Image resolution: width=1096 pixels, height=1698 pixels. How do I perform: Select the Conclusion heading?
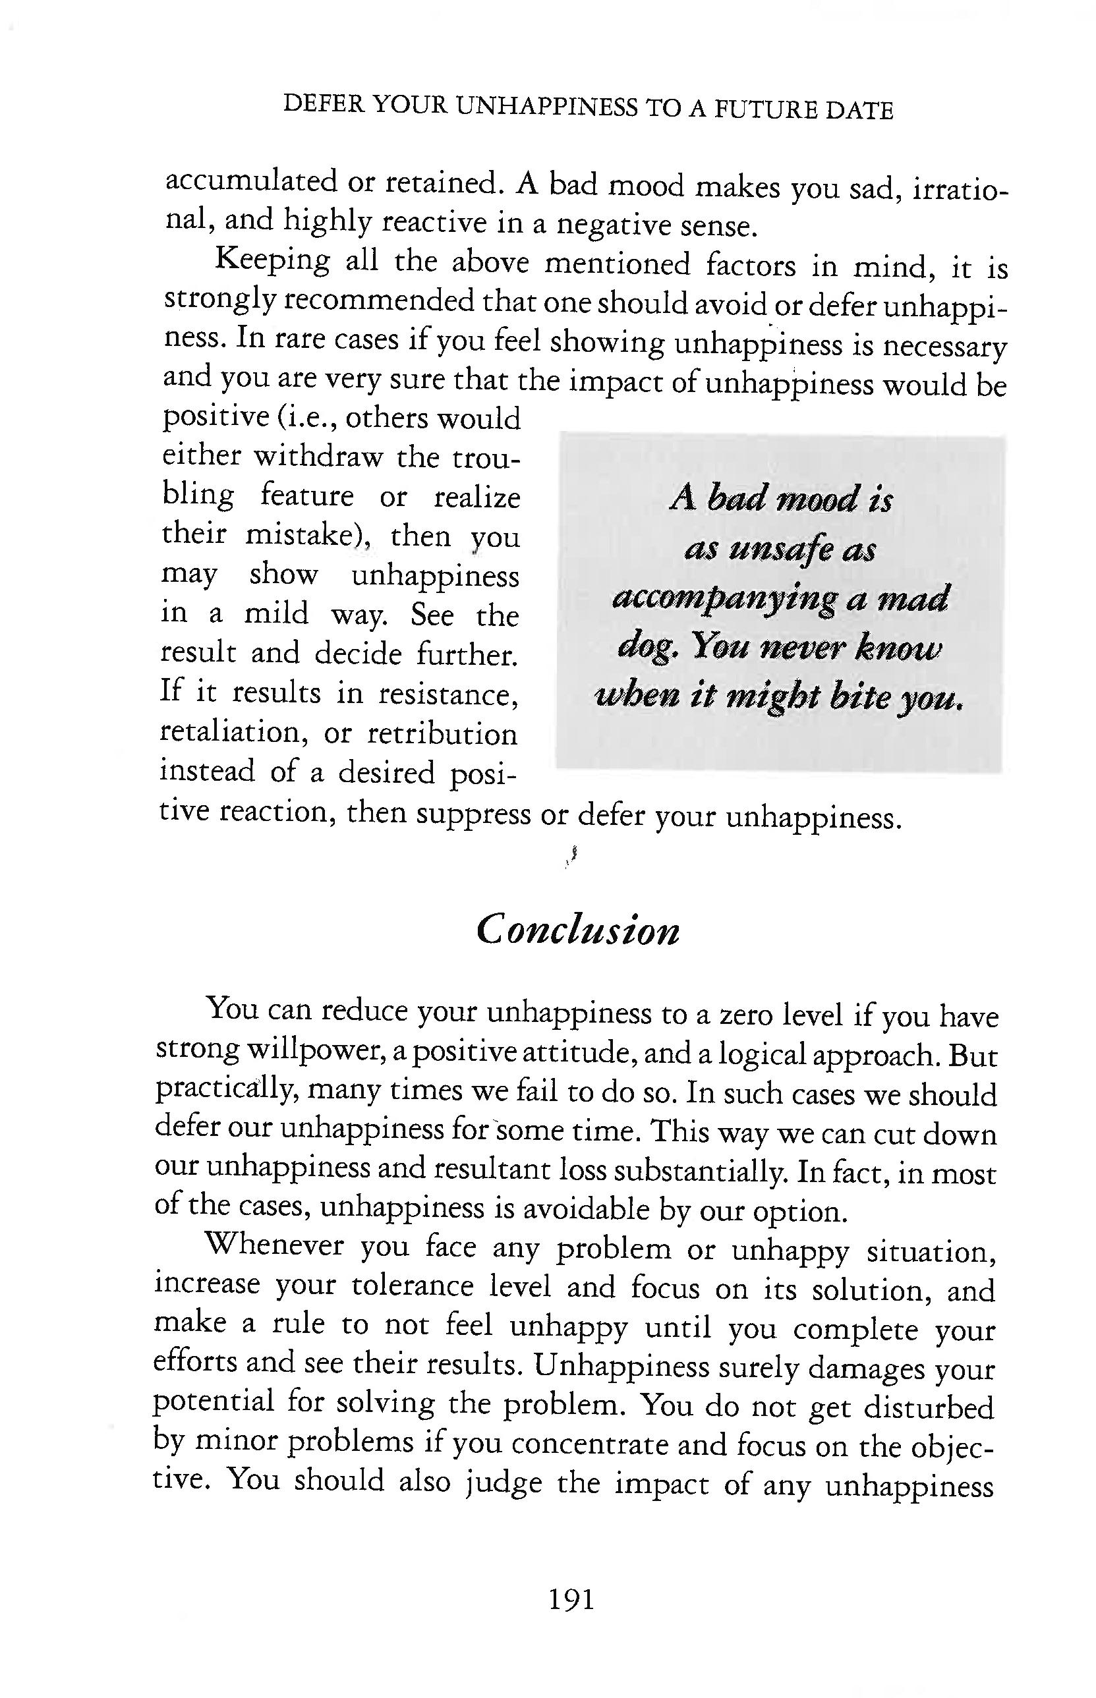click(578, 930)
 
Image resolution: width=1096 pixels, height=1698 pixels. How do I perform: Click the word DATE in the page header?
click(859, 111)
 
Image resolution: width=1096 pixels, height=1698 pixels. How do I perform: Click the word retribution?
click(443, 733)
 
